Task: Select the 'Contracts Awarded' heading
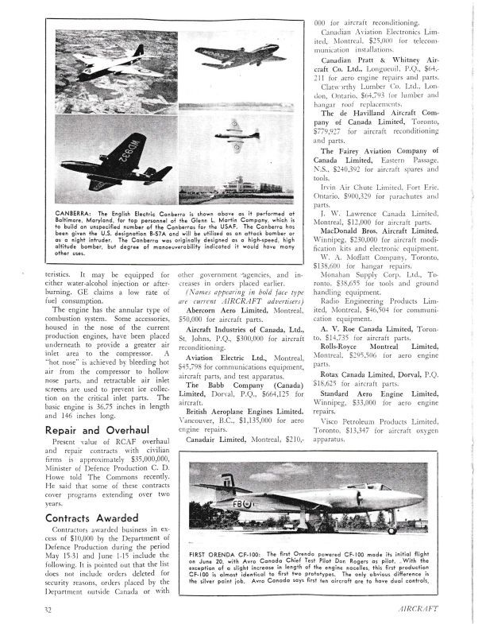83,517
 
